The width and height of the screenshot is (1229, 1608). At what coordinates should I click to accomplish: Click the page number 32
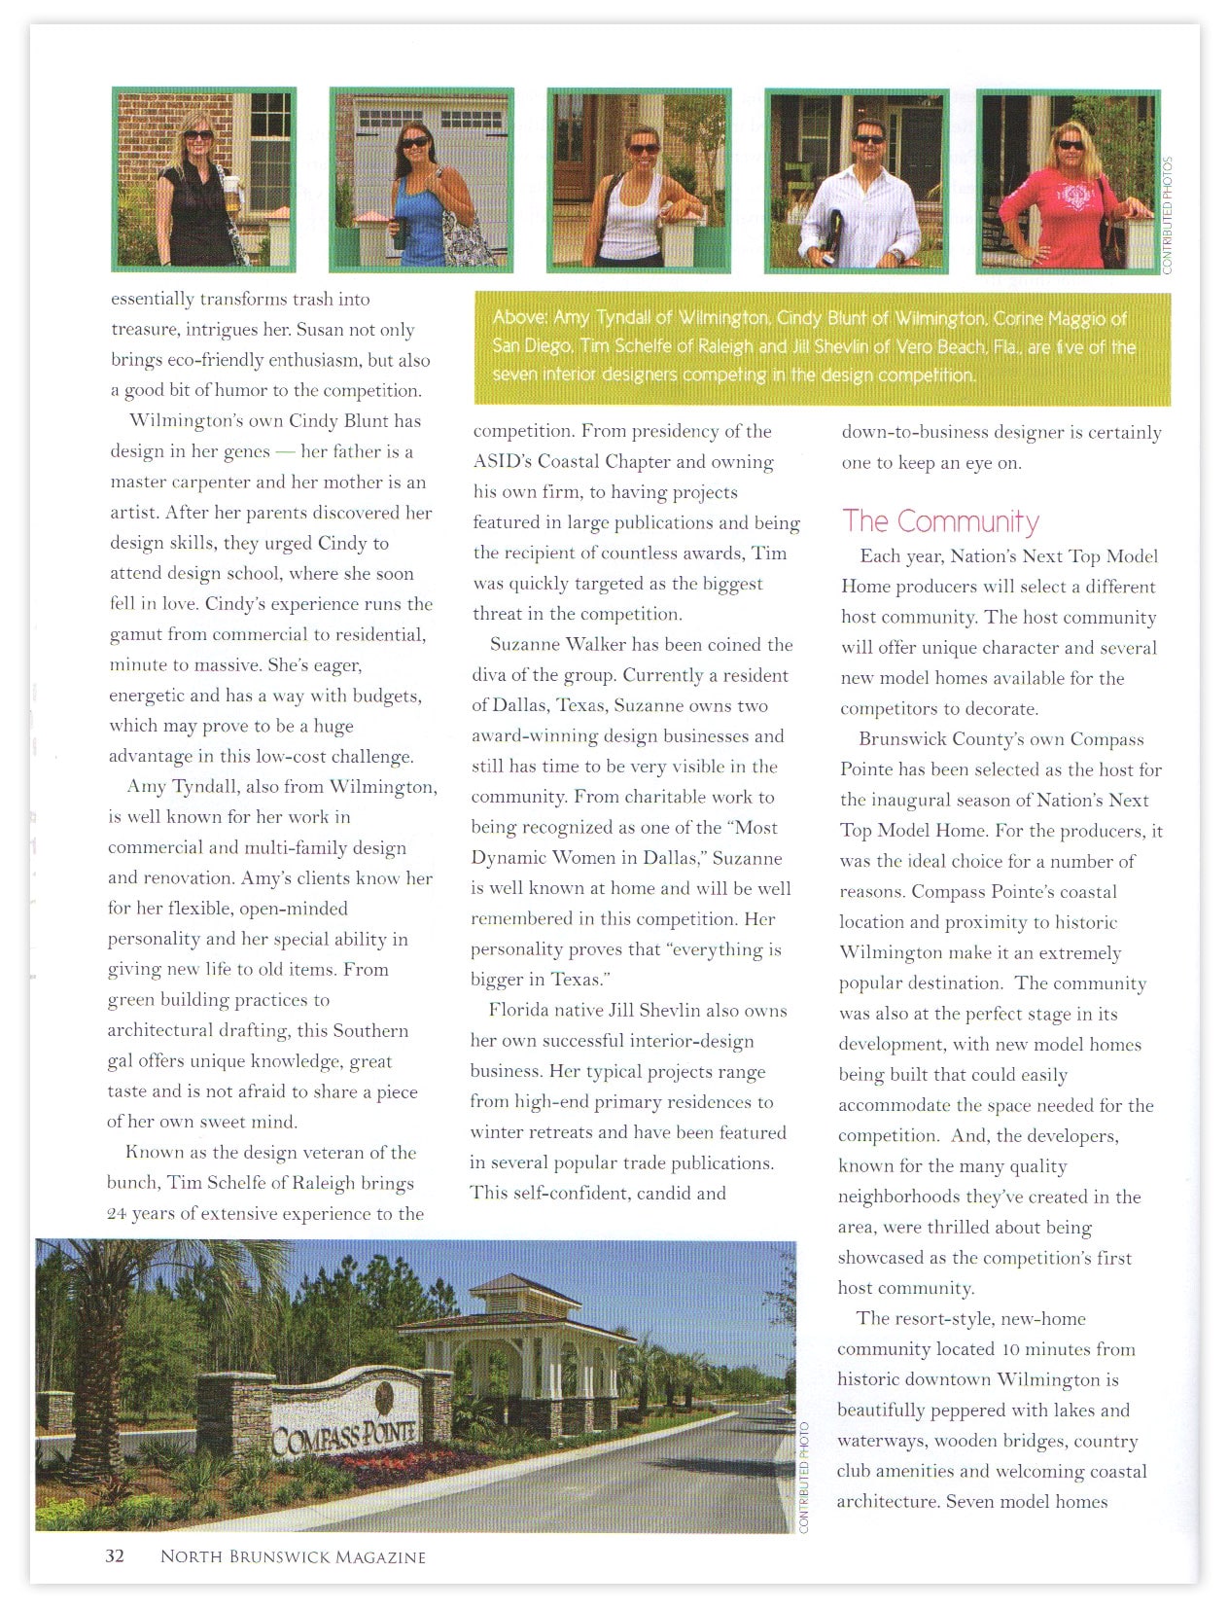pos(115,1555)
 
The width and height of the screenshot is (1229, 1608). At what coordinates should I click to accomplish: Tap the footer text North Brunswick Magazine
pos(293,1556)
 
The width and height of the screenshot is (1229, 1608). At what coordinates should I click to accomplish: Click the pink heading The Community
pos(940,521)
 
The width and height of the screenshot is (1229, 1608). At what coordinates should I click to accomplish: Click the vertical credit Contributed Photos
pos(1168,214)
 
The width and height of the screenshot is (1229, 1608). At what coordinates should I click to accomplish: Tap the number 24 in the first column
pos(117,1213)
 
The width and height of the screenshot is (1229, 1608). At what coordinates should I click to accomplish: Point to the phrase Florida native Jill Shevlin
pos(600,1010)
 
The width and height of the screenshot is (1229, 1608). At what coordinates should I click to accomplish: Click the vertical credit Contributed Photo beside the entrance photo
pos(804,1477)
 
